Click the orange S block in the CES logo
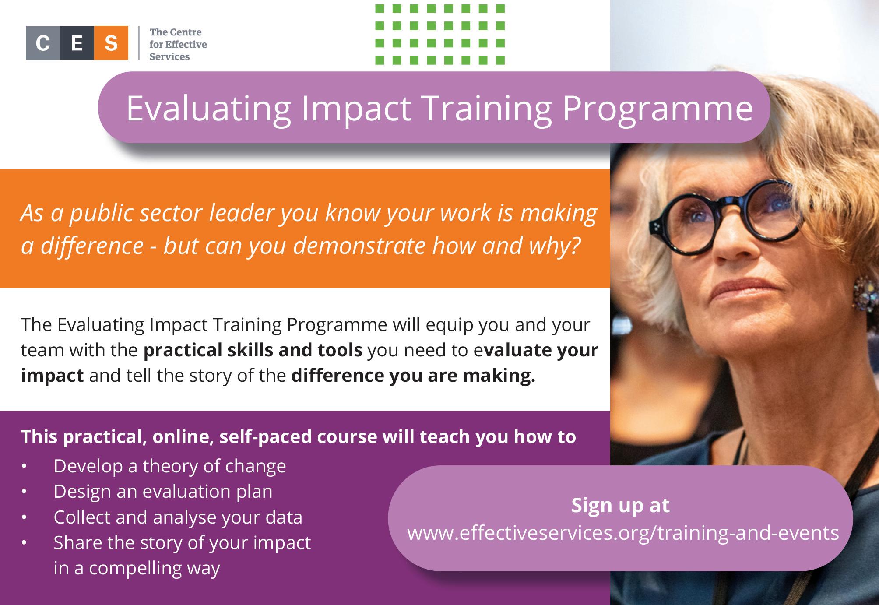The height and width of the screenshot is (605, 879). pos(111,43)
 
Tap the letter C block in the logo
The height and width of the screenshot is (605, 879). pos(42,43)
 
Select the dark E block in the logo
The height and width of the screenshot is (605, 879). pos(77,43)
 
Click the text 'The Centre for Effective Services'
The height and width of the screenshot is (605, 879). pos(178,44)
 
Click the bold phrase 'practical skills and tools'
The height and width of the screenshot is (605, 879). pos(253,351)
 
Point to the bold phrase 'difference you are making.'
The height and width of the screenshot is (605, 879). pos(413,376)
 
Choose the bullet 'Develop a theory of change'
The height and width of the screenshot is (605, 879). pos(170,466)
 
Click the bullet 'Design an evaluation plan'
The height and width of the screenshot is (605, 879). pos(163,491)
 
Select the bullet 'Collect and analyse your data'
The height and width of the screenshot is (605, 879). pos(178,517)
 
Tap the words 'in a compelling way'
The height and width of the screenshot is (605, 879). pos(137,568)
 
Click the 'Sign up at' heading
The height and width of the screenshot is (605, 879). pos(620,505)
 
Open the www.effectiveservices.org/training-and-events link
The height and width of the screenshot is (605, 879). pos(623,533)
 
